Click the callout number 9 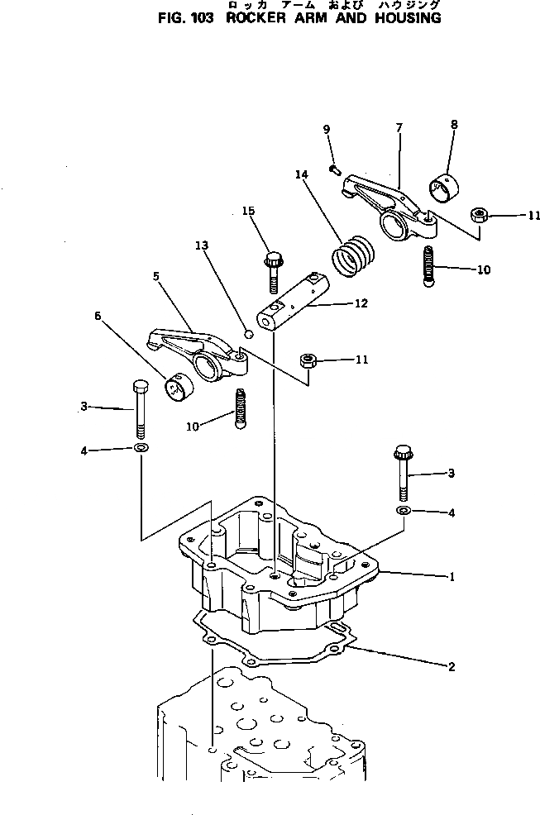click(x=327, y=129)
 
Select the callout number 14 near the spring click(x=300, y=174)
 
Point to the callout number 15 click(x=248, y=212)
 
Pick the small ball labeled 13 click(x=246, y=333)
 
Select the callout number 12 click(x=360, y=304)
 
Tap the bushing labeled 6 click(x=177, y=385)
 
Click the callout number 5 click(x=155, y=277)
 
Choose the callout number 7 click(x=399, y=127)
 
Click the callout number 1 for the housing click(x=452, y=578)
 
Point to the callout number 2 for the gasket click(x=452, y=667)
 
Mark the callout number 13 click(x=202, y=245)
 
